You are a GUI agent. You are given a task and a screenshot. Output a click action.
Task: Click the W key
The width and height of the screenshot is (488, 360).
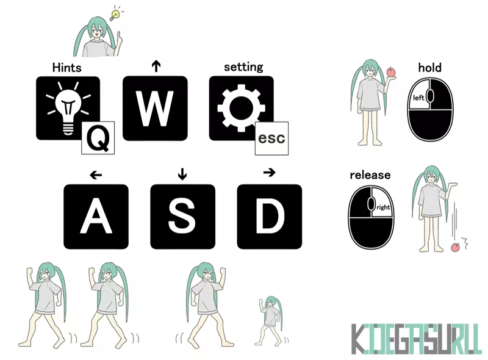click(155, 108)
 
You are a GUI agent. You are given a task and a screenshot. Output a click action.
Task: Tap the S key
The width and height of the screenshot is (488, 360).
click(182, 217)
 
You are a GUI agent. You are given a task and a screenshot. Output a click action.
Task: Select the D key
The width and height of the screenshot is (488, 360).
click(270, 217)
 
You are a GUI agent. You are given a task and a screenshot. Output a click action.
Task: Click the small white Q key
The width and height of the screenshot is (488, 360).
click(98, 138)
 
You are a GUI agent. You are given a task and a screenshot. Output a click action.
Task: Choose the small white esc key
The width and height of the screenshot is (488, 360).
click(271, 139)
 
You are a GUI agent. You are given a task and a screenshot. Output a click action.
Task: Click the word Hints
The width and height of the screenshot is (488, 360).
click(67, 68)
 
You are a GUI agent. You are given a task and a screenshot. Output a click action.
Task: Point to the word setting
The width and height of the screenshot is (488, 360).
click(243, 67)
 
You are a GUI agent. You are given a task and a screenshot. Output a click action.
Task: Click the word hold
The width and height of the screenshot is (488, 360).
click(430, 67)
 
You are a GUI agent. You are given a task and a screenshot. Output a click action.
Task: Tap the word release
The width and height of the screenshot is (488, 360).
click(370, 175)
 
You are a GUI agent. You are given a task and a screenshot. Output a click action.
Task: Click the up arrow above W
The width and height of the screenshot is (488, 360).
click(156, 66)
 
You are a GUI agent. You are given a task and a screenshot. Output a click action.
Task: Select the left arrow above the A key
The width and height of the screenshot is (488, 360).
click(96, 175)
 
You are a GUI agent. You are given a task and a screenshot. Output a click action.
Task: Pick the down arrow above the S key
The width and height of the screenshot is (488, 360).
click(182, 174)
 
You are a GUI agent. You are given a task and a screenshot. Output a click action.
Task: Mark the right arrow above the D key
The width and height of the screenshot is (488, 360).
click(269, 172)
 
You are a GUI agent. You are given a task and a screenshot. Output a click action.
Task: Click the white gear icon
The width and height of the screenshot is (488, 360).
click(241, 108)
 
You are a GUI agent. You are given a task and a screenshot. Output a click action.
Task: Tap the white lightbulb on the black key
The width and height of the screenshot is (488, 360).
click(68, 108)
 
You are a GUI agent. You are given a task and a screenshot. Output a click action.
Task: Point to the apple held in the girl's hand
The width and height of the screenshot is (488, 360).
click(391, 72)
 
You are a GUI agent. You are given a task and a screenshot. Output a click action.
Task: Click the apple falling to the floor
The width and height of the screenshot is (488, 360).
click(455, 247)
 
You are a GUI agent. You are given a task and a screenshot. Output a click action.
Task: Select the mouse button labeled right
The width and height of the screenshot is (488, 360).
click(382, 202)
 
